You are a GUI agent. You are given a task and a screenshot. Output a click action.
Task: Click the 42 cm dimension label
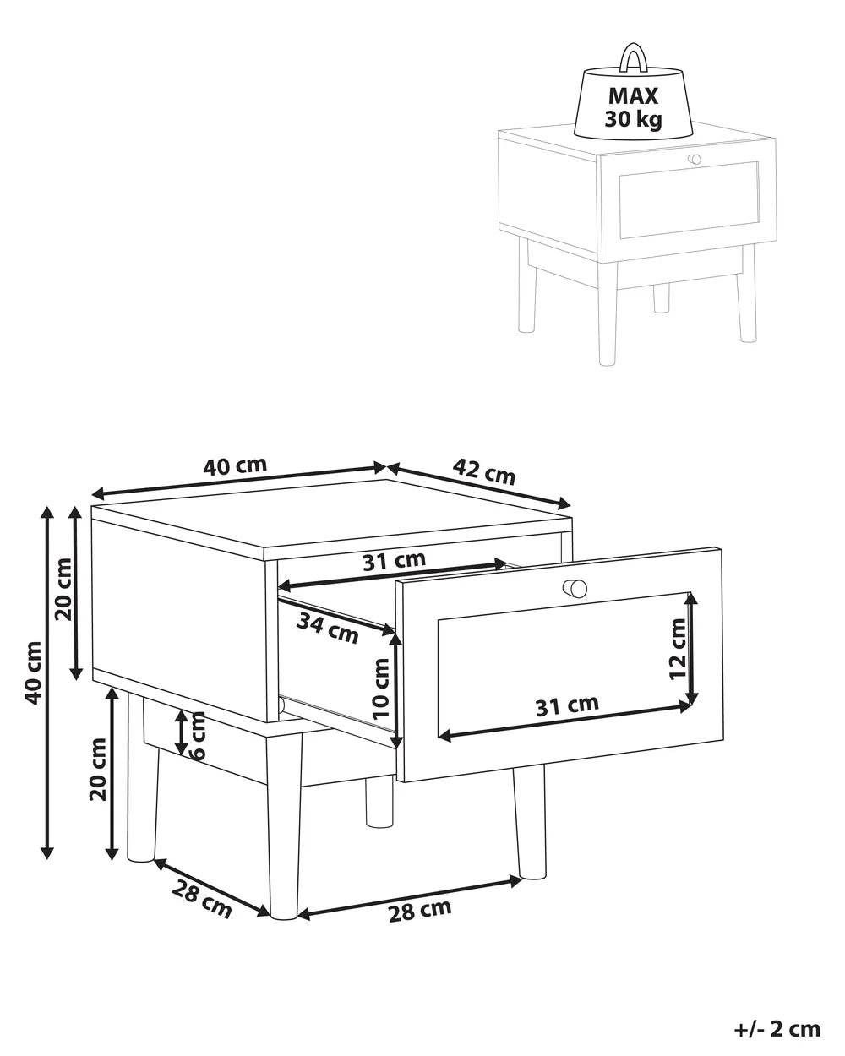click(x=483, y=471)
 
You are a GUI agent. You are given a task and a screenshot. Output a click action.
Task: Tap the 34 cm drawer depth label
click(x=328, y=629)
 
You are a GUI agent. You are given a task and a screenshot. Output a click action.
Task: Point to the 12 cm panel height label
click(x=678, y=649)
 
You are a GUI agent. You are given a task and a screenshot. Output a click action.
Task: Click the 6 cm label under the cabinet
click(x=198, y=736)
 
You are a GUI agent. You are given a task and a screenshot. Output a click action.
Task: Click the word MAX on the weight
click(x=633, y=96)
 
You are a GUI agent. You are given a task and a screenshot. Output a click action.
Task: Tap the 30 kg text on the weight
click(x=634, y=119)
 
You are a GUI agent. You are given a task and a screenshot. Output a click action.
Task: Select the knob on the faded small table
click(x=695, y=159)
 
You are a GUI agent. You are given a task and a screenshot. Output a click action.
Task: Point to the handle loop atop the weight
click(x=635, y=58)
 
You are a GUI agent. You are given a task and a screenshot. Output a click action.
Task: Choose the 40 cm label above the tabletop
click(x=235, y=465)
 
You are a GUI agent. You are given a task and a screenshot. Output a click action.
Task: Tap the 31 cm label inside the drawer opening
click(x=395, y=561)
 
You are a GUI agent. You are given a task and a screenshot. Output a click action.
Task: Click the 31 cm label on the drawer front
click(x=567, y=705)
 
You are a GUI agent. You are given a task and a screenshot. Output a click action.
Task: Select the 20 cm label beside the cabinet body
click(x=63, y=589)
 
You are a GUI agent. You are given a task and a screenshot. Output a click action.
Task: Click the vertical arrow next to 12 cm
click(x=692, y=648)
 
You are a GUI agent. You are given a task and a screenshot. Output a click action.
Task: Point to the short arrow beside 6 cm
click(x=181, y=732)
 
